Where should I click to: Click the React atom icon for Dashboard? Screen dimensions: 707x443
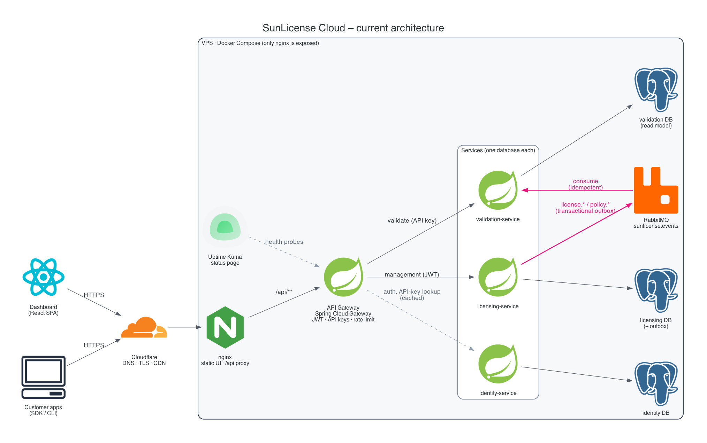43,277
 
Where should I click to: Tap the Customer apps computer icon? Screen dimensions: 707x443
43,377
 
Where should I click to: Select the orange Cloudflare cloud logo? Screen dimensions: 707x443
144,327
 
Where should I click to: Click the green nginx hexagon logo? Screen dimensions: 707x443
225,327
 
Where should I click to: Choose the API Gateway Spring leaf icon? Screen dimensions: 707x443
343,277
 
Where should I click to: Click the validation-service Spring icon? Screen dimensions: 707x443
498,190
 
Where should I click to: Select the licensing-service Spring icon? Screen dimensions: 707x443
498,277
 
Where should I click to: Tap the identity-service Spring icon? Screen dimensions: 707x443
498,364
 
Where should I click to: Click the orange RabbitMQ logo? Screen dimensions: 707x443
656,190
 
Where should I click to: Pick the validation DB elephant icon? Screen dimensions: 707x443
656,90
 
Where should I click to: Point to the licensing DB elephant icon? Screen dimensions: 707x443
656,290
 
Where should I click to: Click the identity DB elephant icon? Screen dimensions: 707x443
656,383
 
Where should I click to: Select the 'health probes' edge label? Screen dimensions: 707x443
284,242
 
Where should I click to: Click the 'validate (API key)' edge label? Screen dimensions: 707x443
412,220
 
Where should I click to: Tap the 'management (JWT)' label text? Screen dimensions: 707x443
412,274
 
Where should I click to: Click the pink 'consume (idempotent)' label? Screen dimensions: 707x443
586,184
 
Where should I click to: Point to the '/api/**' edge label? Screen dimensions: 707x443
284,292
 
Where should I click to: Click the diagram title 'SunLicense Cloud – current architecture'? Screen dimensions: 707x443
353,28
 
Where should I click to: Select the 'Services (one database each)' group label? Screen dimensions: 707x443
498,150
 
